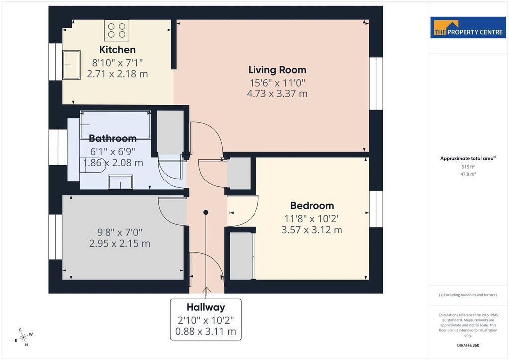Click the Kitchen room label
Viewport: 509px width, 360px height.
[x=117, y=50]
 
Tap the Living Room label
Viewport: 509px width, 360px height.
[x=277, y=70]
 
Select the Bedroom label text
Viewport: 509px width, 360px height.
[x=312, y=205]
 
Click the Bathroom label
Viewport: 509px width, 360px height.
[x=113, y=138]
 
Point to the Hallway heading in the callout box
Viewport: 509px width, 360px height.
[x=206, y=307]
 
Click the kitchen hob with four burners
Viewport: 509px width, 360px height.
[x=116, y=30]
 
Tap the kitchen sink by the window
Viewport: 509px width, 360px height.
[x=72, y=65]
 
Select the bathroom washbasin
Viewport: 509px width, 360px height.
[x=120, y=182]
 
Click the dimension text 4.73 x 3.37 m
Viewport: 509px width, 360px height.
[x=277, y=94]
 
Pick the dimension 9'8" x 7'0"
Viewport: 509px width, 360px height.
[x=120, y=232]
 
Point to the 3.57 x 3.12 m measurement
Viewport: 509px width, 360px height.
[x=312, y=230]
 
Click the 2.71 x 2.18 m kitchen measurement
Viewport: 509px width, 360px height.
[x=117, y=74]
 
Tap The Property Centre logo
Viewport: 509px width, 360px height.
[x=468, y=27]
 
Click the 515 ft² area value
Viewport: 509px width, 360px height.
[x=468, y=167]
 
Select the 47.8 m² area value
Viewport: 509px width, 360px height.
[x=468, y=174]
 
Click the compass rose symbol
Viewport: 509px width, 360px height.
[x=23, y=338]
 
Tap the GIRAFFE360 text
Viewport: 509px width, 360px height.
[x=468, y=345]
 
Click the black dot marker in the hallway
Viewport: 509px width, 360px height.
[x=206, y=212]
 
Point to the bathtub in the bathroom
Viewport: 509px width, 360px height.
[x=115, y=125]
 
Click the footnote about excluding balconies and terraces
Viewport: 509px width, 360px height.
[x=468, y=295]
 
